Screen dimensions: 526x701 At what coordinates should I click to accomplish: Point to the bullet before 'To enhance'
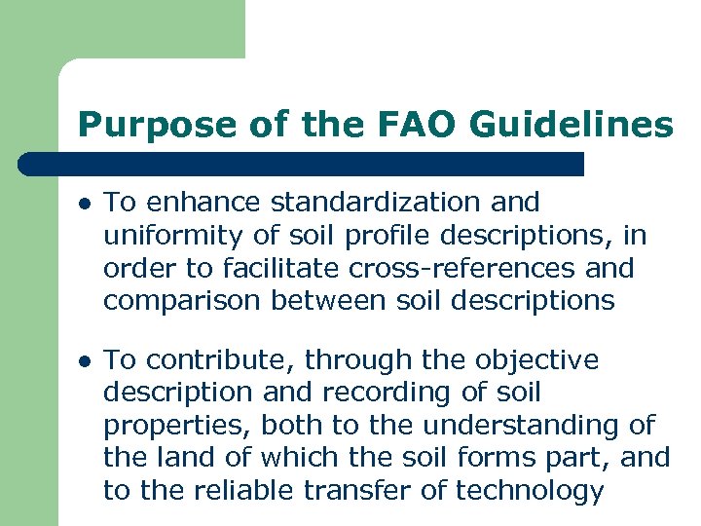click(x=86, y=204)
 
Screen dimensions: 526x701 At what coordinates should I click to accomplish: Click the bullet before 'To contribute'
click(x=86, y=361)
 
